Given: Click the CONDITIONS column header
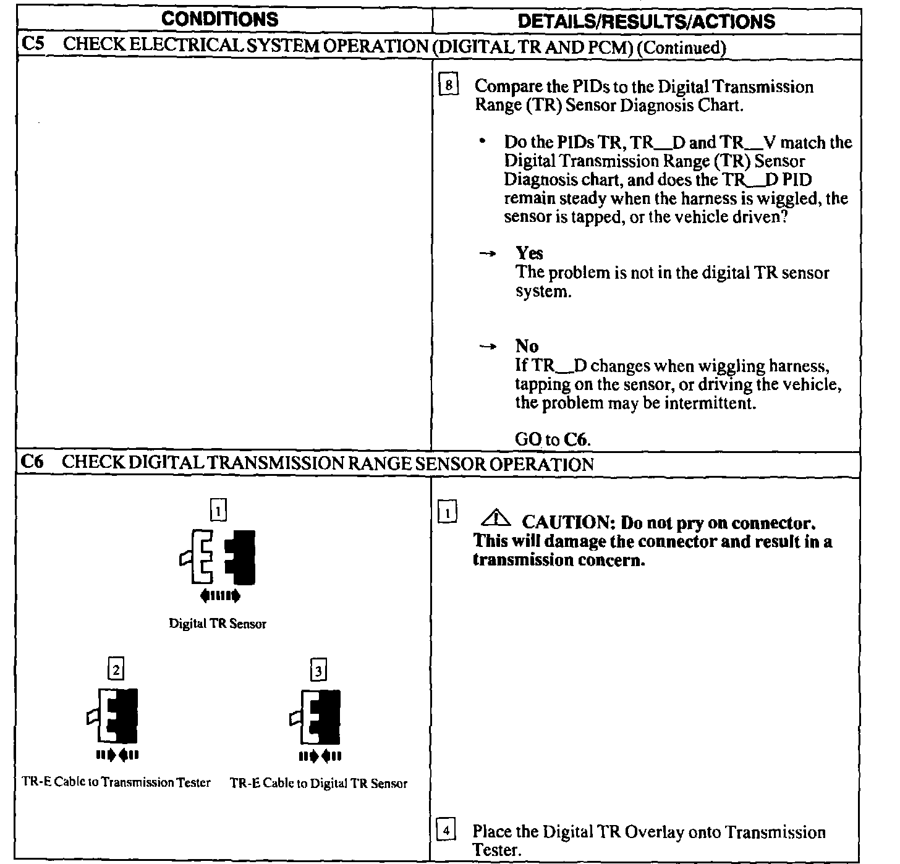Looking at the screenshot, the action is [x=219, y=19].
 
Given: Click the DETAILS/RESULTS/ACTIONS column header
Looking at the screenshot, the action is [x=646, y=21].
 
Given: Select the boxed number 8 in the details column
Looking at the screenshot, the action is [x=448, y=85].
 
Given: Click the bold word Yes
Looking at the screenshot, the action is [x=529, y=253].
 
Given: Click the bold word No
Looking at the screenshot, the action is [x=527, y=346].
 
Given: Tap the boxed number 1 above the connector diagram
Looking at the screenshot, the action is [x=218, y=510].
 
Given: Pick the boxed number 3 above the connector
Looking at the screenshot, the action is [x=318, y=670].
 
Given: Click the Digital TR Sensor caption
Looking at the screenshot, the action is [x=218, y=624].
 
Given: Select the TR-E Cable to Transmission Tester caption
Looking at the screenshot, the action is [x=116, y=782].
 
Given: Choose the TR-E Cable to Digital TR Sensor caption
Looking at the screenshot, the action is [x=318, y=783].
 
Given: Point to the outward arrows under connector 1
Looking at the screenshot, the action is [x=219, y=596].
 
